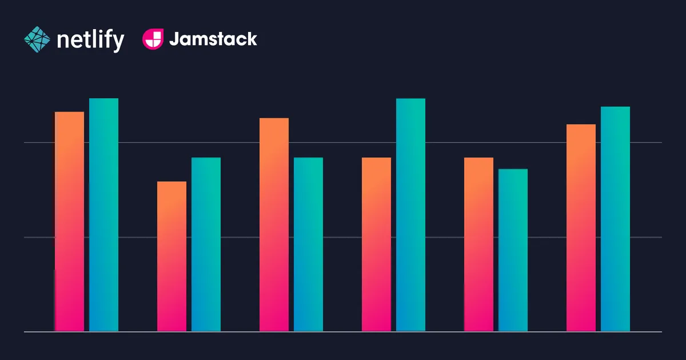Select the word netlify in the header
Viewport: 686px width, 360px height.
point(90,40)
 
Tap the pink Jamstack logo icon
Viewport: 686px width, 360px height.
point(152,39)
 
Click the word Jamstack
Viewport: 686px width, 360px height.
point(213,39)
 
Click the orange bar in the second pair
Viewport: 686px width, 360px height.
point(171,257)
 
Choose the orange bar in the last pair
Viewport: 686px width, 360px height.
point(581,228)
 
